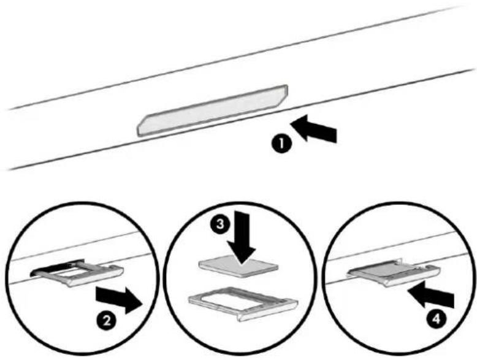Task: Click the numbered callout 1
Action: point(281,144)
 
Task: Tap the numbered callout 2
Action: point(107,321)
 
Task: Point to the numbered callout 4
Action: point(437,320)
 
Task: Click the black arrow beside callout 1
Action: point(314,129)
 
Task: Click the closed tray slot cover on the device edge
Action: point(212,110)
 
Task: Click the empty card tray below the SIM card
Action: point(243,303)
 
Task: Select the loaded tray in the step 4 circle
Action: point(395,272)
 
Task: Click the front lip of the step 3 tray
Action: point(268,312)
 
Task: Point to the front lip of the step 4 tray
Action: point(412,277)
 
